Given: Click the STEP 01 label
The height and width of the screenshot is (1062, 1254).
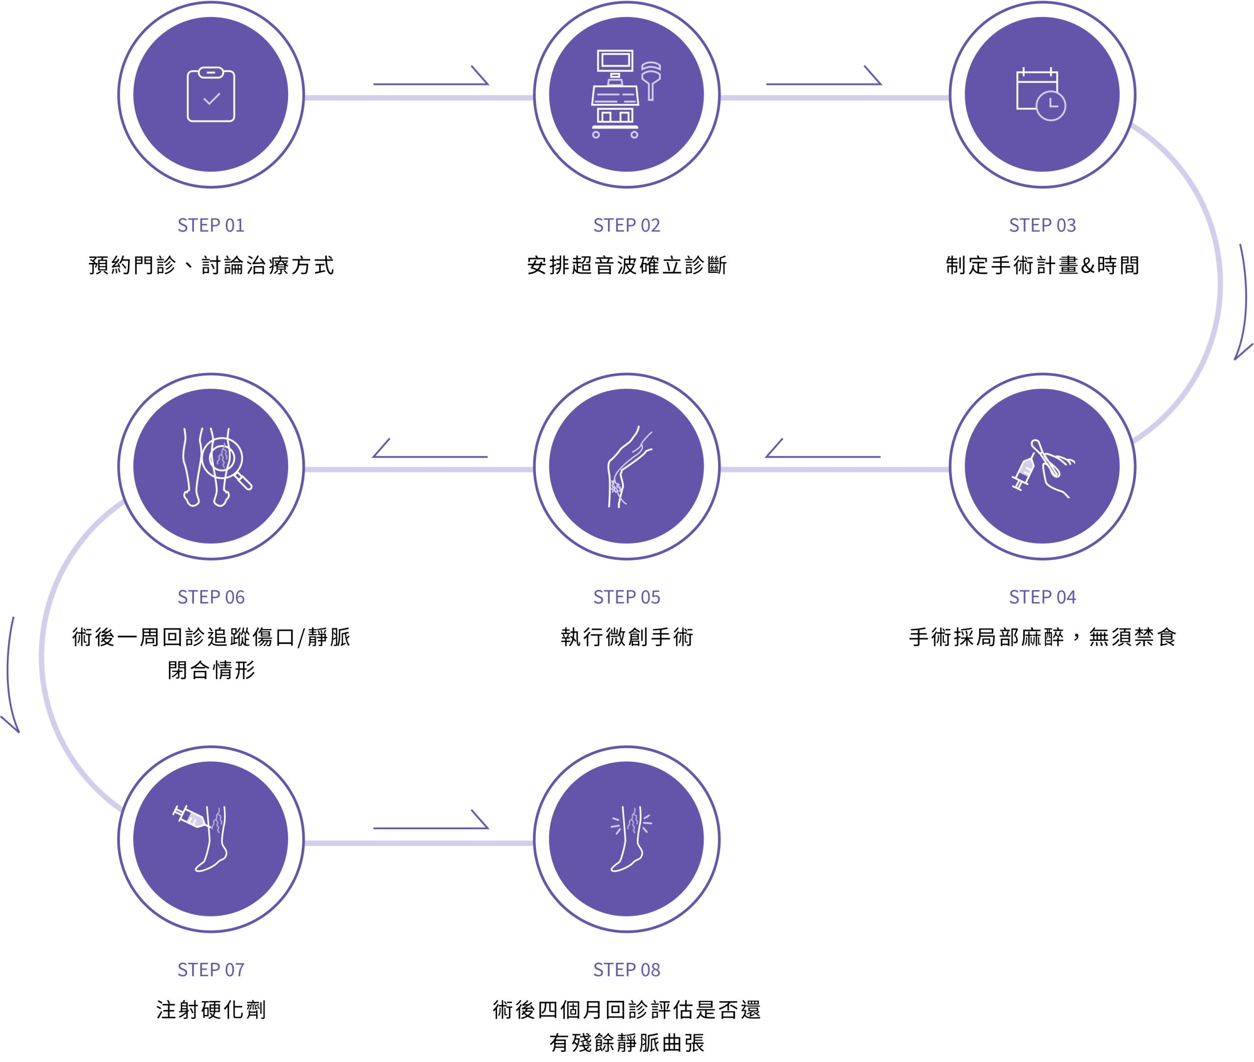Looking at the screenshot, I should pos(211,225).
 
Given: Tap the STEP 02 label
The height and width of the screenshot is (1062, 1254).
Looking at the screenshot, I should pos(627,225).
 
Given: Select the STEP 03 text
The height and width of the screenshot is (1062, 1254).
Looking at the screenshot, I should pos(1042,225).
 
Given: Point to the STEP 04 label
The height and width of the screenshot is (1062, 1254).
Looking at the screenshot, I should pos(1042,597).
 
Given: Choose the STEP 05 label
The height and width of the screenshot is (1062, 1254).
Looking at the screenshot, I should pos(627,597).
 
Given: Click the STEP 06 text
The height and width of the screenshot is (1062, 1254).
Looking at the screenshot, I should pos(211,597).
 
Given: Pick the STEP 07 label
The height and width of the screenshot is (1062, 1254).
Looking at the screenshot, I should pos(211,970).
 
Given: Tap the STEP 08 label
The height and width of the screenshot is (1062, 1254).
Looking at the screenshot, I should pos(627,970).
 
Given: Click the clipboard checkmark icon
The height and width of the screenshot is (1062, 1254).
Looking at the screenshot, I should pos(211,95).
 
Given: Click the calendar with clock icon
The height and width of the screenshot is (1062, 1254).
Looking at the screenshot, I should pos(1041,94).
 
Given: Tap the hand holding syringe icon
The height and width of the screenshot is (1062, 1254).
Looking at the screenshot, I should pos(1042,467).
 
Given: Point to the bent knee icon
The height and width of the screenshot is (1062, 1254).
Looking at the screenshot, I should pos(627,467).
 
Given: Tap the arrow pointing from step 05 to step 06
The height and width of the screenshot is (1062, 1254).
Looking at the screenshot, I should pos(430,451).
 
